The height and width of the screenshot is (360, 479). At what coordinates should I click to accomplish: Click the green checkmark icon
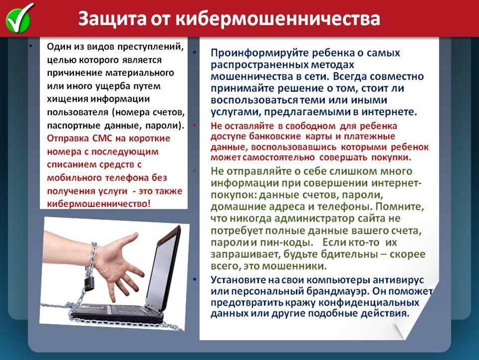point(19,18)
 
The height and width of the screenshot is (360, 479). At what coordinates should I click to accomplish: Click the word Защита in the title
point(112,18)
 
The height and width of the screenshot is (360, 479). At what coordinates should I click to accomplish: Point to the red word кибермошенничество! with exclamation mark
point(99,203)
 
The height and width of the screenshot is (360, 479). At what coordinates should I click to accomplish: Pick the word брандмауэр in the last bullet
point(337,291)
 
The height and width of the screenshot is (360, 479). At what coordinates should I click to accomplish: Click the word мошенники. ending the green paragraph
point(294,266)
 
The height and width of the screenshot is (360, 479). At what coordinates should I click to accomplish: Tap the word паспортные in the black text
point(74,126)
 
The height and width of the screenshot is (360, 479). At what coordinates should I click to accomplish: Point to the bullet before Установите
point(195,280)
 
